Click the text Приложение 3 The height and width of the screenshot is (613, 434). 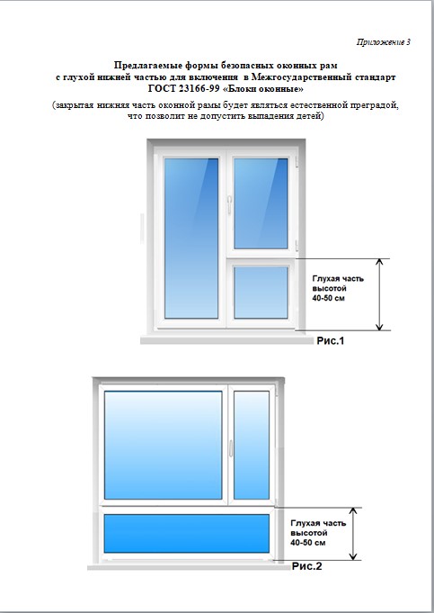(384, 42)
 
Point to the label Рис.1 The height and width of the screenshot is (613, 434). (330, 341)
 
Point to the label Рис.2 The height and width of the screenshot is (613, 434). (306, 566)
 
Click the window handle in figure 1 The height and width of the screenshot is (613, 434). (229, 205)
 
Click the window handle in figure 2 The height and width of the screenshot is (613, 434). (231, 448)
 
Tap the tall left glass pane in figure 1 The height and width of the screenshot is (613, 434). (191, 238)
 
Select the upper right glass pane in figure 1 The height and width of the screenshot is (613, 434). (261, 203)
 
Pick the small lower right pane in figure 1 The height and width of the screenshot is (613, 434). (261, 292)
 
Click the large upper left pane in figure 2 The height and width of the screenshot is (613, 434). (164, 445)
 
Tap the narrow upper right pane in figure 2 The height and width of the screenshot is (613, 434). (252, 445)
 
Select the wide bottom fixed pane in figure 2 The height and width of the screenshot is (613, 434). (187, 533)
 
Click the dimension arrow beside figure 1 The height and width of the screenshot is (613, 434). (379, 294)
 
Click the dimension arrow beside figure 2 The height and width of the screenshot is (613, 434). (353, 534)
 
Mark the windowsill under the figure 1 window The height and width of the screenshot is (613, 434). (226, 340)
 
